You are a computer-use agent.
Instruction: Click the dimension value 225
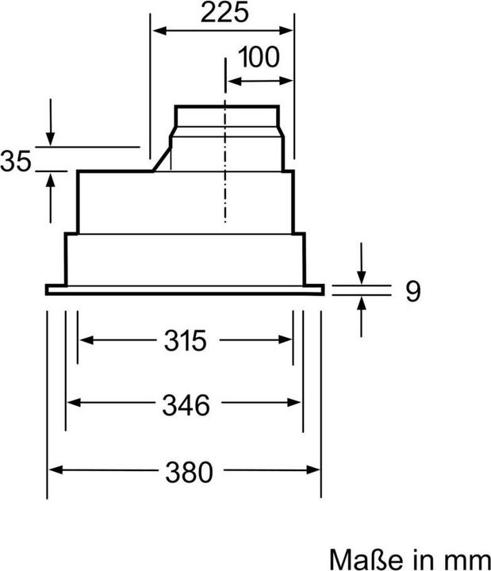223,13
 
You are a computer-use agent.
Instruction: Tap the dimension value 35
15,162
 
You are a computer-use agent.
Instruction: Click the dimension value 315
186,340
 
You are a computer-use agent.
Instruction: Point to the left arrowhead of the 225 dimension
158,31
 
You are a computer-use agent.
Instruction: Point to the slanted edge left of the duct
163,156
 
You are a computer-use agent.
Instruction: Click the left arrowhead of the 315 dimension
84,340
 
